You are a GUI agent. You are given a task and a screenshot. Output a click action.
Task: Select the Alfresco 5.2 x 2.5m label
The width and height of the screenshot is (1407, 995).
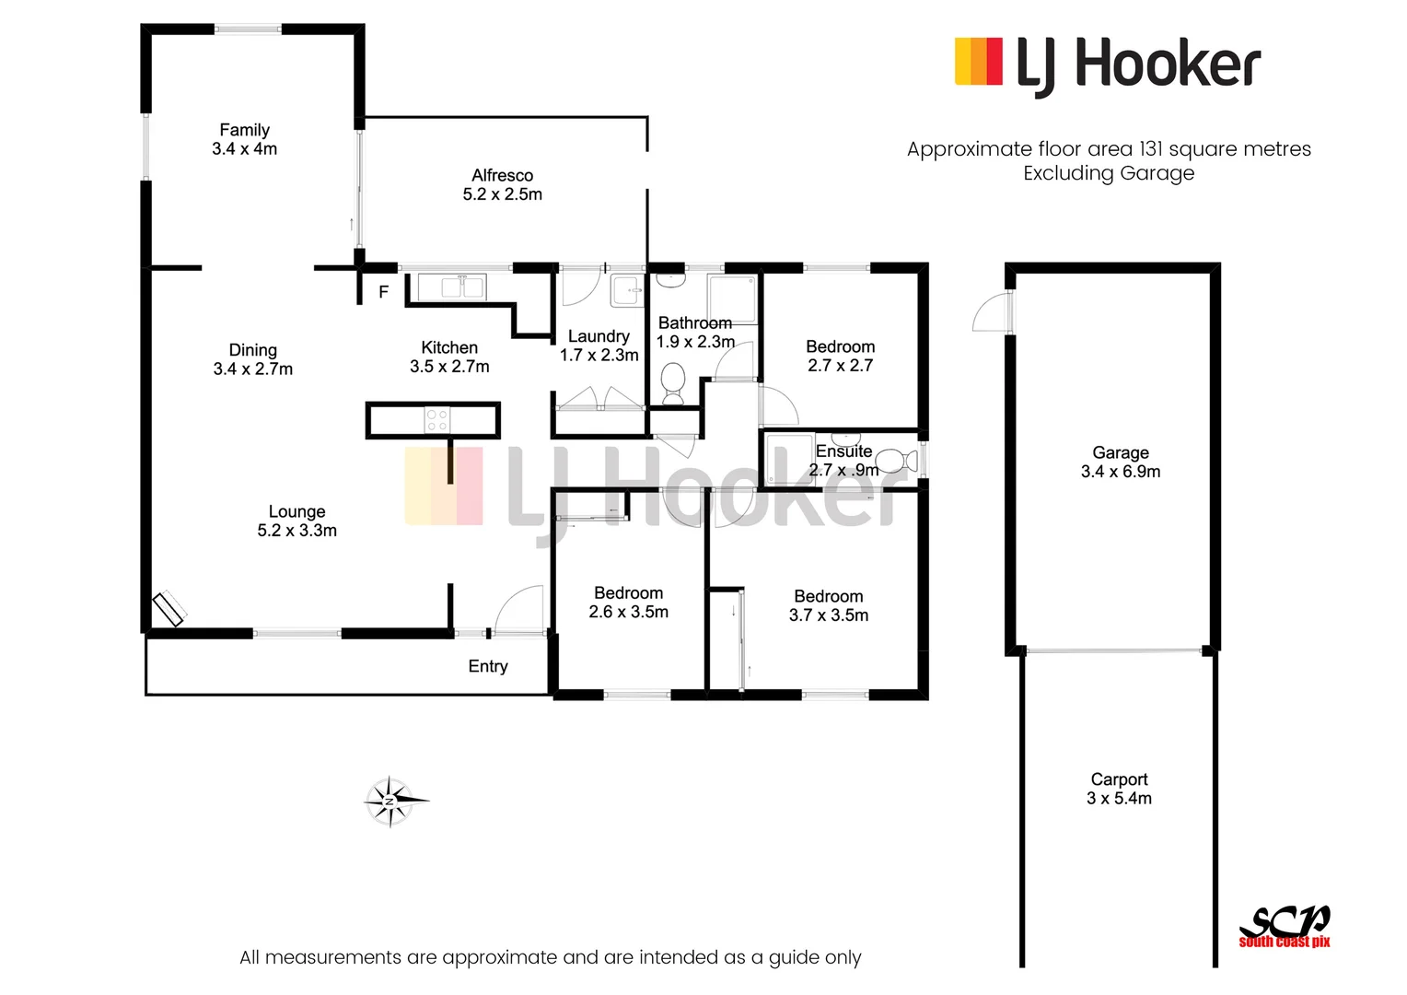point(502,185)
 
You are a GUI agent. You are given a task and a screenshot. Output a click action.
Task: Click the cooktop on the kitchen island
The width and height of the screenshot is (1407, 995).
point(436,421)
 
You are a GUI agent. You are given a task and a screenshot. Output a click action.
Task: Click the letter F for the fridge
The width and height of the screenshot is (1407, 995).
point(384,292)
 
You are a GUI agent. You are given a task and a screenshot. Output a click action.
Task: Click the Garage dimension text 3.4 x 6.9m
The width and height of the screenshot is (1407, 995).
point(1121,472)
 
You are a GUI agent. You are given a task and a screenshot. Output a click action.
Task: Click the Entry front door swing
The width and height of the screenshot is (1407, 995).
point(517,610)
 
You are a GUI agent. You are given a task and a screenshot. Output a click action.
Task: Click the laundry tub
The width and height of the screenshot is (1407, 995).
point(629,291)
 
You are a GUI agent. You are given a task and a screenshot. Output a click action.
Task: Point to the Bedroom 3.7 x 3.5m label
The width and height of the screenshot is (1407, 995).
point(829,606)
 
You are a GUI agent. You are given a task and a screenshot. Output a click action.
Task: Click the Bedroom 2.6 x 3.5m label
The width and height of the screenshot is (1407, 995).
point(629,603)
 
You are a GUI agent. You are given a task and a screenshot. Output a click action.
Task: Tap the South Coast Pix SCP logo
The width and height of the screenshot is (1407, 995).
point(1285,925)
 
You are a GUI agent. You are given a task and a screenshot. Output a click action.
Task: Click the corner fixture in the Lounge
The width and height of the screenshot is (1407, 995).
point(169,608)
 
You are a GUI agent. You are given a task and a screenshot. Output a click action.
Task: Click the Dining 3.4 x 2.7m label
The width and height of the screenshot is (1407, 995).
point(252,359)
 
